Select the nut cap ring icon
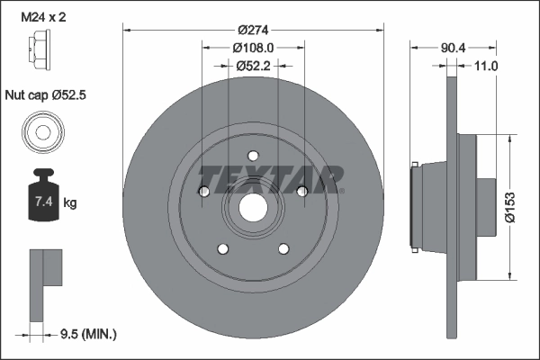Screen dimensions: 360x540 click(x=41, y=132)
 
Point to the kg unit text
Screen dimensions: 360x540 click(x=70, y=203)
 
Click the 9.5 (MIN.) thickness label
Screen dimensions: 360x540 click(x=86, y=334)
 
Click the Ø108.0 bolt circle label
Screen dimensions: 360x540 click(x=253, y=47)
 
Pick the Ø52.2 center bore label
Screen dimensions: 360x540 click(x=253, y=65)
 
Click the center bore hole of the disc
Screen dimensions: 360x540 click(x=252, y=210)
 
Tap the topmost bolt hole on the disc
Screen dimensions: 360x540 click(x=253, y=155)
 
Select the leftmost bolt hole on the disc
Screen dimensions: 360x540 click(x=204, y=191)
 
